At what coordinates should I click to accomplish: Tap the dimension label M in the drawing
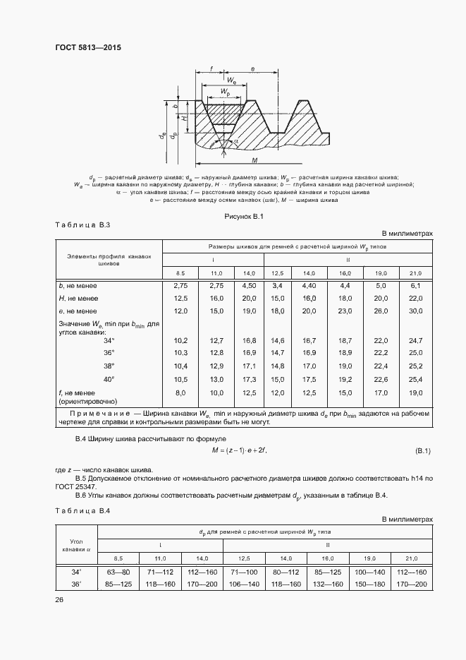tap(255, 160)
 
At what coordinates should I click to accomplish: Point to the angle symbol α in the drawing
tap(235, 142)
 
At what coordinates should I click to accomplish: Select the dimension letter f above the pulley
tap(211, 69)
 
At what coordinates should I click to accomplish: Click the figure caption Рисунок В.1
tap(243, 216)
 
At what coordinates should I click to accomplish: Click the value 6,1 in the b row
tap(415, 285)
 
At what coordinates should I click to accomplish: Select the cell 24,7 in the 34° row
tap(415, 340)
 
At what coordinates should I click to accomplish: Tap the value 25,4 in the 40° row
tap(415, 379)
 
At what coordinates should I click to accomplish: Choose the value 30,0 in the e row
tap(415, 311)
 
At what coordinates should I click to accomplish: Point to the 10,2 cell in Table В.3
tap(180, 340)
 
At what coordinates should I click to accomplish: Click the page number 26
tap(59, 600)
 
